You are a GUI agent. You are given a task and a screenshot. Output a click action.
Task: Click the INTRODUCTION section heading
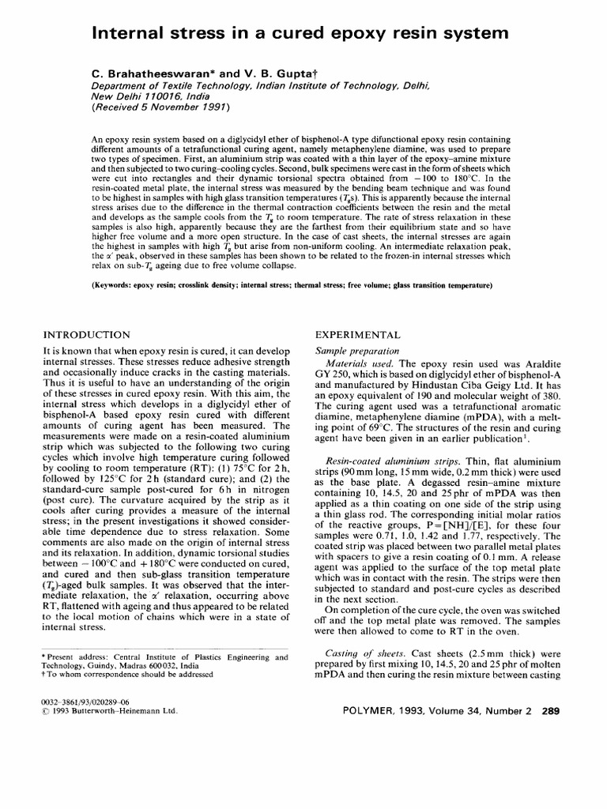point(87,335)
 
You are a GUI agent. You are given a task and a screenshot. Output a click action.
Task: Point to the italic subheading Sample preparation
point(357,350)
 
